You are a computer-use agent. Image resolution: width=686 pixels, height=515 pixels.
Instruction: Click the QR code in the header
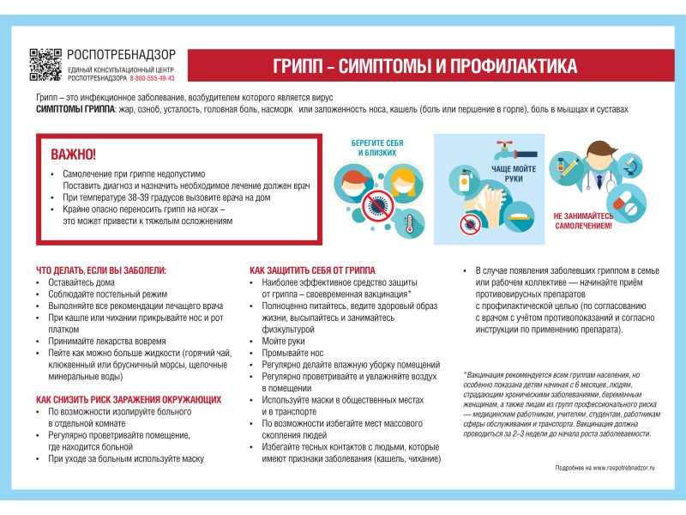(46, 65)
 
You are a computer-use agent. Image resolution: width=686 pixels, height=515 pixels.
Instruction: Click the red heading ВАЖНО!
(74, 154)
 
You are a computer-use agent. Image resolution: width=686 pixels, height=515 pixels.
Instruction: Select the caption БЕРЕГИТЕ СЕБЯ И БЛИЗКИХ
(377, 148)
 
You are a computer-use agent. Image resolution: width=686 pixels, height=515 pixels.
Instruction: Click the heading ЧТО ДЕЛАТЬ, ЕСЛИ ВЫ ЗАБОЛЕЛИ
(101, 270)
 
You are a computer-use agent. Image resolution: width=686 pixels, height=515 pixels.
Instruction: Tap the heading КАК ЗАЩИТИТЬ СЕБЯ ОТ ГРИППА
(312, 270)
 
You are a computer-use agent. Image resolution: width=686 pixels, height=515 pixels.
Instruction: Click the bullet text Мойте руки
(284, 341)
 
